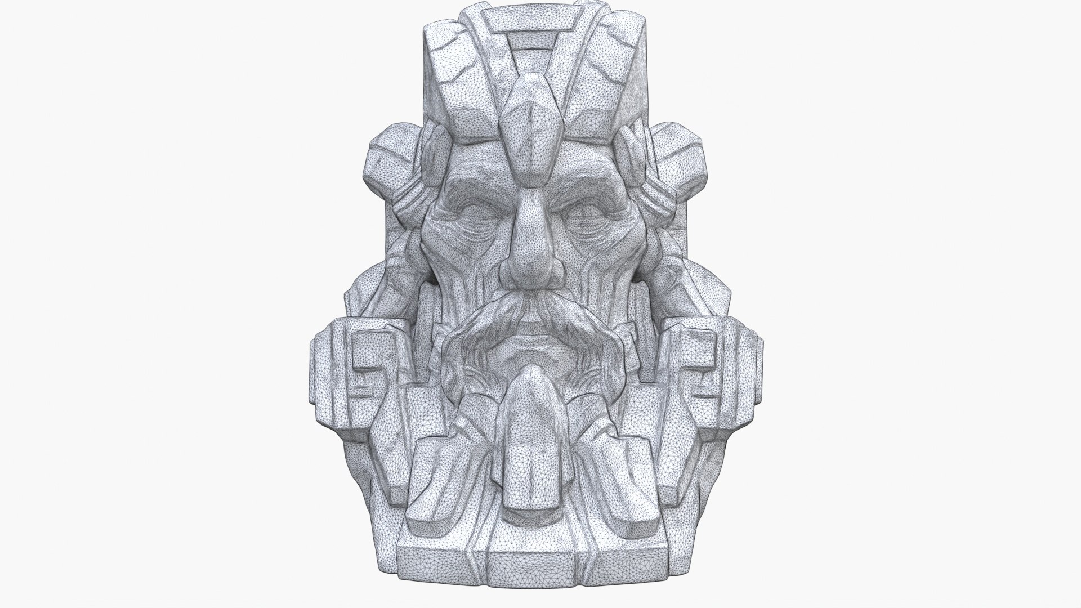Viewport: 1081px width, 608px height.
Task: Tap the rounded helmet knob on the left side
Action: point(388,169)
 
